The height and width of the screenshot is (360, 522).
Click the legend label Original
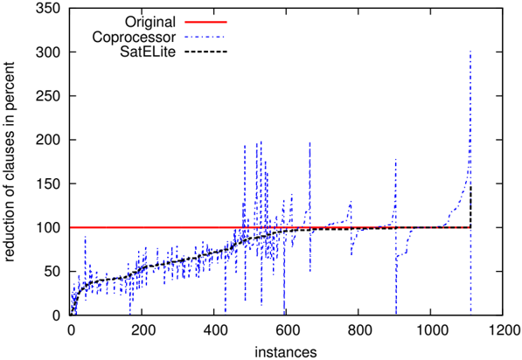[x=150, y=23]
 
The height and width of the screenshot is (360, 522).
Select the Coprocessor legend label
[x=134, y=37]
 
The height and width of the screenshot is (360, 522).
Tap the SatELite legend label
[x=148, y=52]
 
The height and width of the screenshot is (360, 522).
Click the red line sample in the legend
[x=205, y=23]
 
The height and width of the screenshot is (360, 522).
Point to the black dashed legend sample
[x=205, y=52]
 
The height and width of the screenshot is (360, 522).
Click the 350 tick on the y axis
[x=48, y=8]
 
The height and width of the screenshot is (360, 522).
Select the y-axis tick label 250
[x=48, y=96]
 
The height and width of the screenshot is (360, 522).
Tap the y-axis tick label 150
[x=48, y=183]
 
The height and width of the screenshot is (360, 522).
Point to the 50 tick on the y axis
[x=52, y=272]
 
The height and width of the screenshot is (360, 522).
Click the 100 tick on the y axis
[x=48, y=227]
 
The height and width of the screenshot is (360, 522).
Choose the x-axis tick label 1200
[x=503, y=330]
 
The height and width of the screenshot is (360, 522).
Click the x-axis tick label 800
[x=358, y=330]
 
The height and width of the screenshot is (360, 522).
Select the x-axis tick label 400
[x=213, y=330]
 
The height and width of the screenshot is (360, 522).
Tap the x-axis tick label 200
[x=142, y=330]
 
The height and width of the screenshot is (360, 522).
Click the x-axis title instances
[x=286, y=351]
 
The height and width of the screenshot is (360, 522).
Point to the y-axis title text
[x=9, y=162]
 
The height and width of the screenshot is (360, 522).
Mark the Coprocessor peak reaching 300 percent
[x=470, y=52]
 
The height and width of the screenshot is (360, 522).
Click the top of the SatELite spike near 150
[x=470, y=186]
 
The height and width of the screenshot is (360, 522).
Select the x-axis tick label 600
[x=286, y=330]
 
